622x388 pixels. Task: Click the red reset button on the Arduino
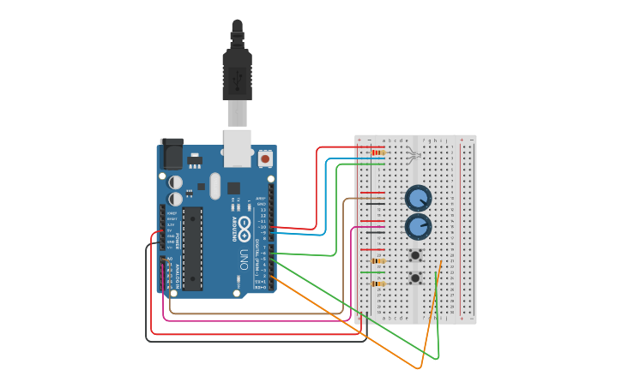(x=265, y=158)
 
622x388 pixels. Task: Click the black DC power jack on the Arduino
(x=171, y=153)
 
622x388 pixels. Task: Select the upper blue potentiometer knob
(x=418, y=198)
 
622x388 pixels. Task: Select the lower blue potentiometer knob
(x=418, y=227)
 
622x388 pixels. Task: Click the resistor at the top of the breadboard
(x=377, y=153)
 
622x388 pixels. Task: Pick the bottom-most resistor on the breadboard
(x=377, y=284)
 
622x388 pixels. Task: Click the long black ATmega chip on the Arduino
(x=192, y=248)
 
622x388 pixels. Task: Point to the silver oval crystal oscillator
(x=214, y=185)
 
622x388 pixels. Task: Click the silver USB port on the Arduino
(x=238, y=146)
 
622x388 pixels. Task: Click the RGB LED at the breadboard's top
(x=413, y=155)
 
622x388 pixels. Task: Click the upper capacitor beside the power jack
(x=175, y=182)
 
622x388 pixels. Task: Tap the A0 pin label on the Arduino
(x=169, y=258)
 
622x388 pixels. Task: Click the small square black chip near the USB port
(x=232, y=187)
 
